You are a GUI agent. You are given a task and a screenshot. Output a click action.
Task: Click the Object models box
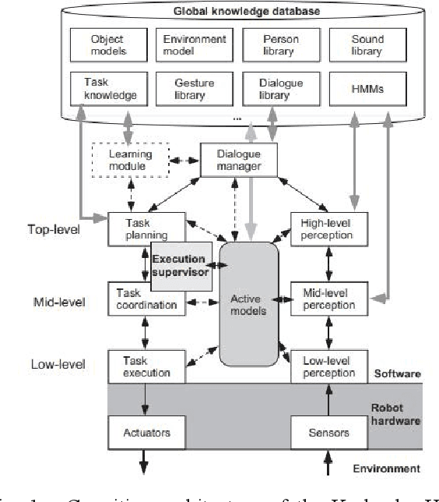pos(107,45)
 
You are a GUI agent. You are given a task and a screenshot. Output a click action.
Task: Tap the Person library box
pos(279,45)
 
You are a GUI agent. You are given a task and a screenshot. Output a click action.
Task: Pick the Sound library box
pos(366,45)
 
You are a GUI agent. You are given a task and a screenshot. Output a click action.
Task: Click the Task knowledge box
pos(107,89)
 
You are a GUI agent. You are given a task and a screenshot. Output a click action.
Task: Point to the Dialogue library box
pos(279,89)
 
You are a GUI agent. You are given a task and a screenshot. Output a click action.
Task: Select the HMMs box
pos(366,89)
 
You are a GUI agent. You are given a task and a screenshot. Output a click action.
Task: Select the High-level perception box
pos(327,227)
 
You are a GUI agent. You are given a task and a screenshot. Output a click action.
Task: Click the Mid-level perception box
pos(327,299)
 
